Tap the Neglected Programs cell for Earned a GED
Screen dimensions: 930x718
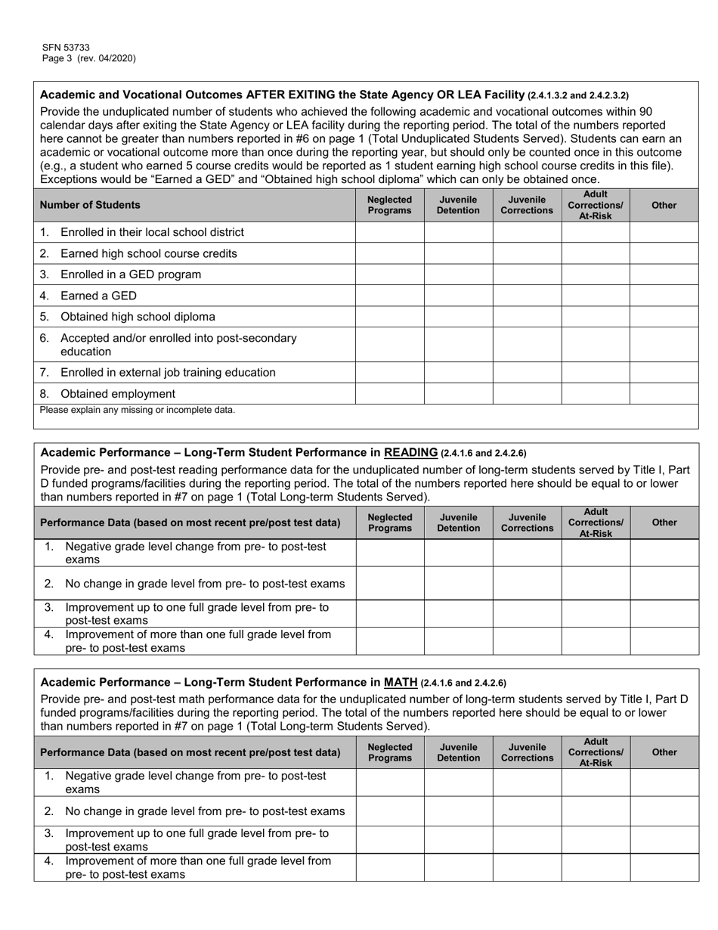[x=389, y=296]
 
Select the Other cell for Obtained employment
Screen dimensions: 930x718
[x=664, y=393]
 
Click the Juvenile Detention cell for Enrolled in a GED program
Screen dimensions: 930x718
[x=458, y=274]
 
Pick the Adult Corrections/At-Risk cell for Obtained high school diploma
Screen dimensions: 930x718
[x=595, y=317]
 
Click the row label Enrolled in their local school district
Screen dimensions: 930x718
[x=152, y=232]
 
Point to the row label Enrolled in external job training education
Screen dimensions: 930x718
[x=168, y=373]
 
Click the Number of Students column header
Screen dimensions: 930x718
[x=90, y=205]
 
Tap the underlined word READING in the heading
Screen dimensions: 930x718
[x=410, y=452]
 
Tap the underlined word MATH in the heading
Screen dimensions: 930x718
[x=401, y=682]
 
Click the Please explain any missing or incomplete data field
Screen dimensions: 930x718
[x=366, y=417]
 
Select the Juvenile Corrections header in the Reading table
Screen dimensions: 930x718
[x=527, y=522]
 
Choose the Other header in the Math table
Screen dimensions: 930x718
[x=664, y=752]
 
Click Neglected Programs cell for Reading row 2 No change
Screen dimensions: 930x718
[x=389, y=584]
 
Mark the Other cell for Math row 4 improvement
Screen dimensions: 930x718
[x=664, y=868]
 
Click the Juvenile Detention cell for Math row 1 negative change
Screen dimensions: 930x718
[x=458, y=783]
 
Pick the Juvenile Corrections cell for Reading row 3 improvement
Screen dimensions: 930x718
[x=527, y=613]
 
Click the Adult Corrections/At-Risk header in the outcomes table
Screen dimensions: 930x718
[x=595, y=205]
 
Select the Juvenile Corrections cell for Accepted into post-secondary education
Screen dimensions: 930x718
[x=527, y=345]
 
